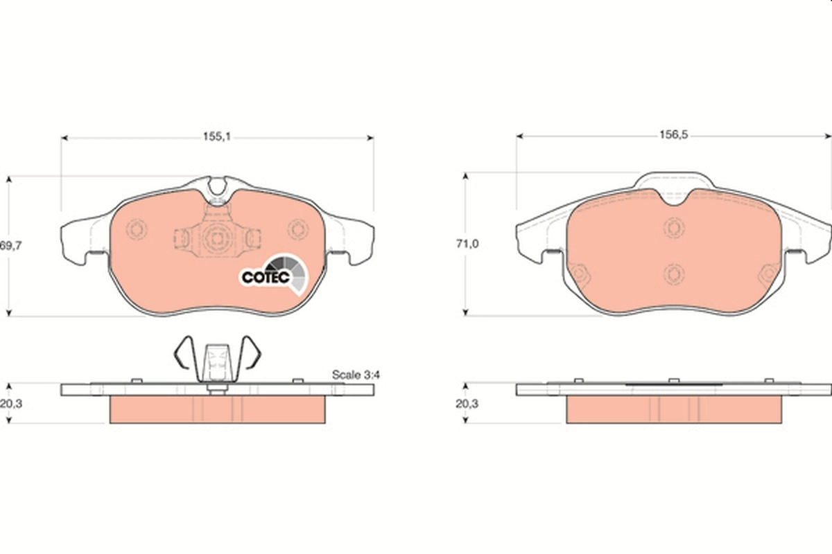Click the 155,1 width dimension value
[216, 137]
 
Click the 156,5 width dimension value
[674, 135]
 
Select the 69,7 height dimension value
[11, 246]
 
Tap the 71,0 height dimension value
[467, 244]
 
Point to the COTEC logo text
[266, 277]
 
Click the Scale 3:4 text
[356, 375]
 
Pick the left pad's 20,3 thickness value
[11, 403]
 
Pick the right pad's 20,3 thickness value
[467, 403]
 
